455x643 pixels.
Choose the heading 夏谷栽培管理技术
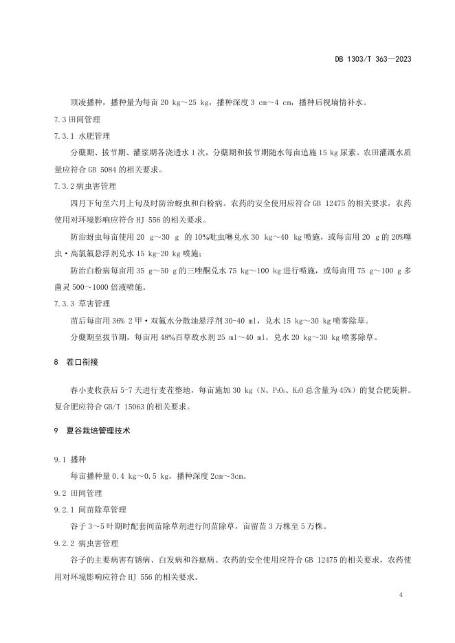click(103, 431)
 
